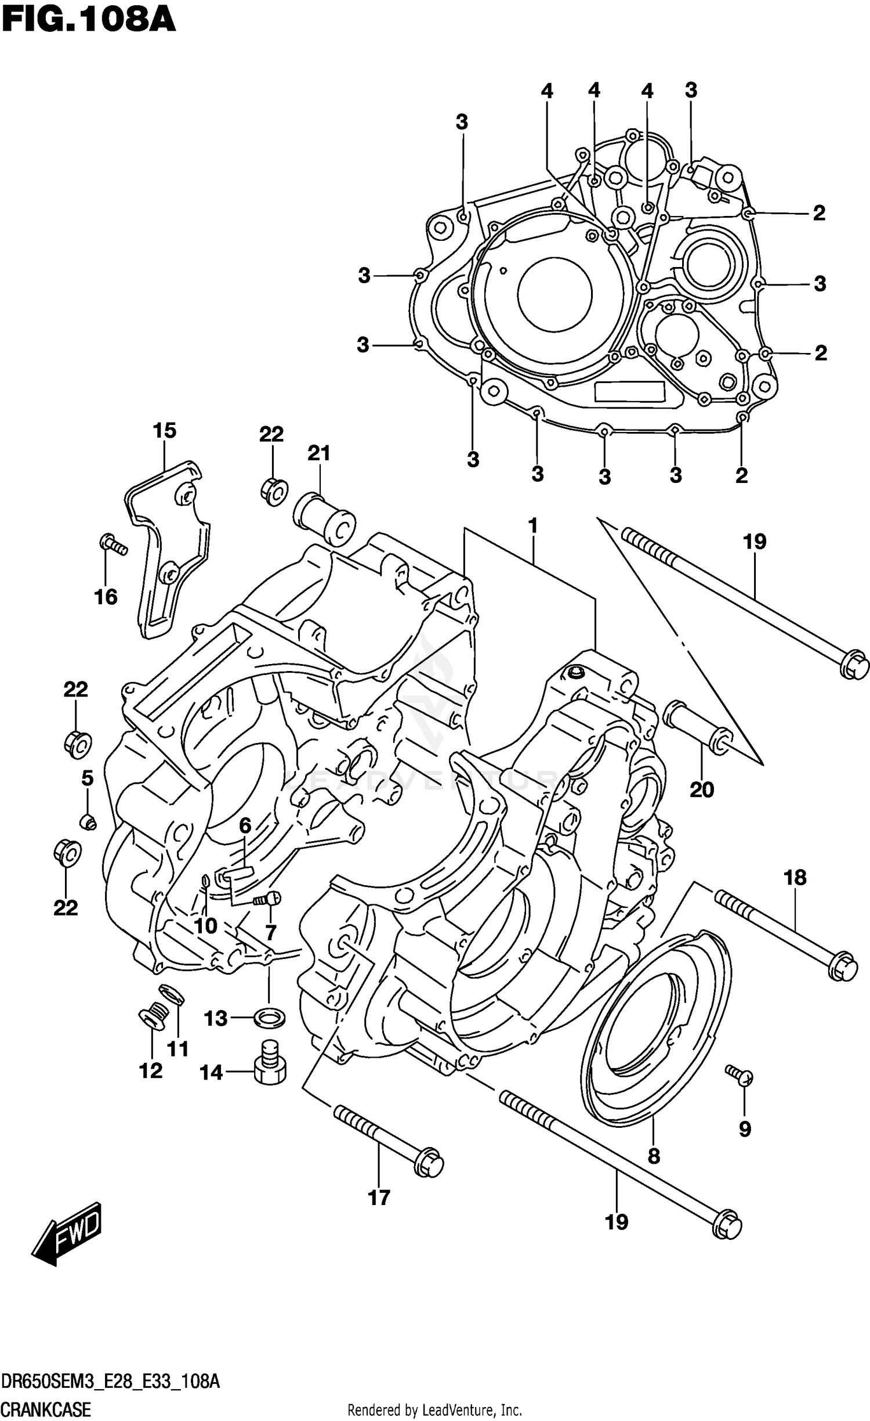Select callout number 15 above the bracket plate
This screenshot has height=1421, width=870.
pos(164,431)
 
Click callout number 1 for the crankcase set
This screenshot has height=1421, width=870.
pos(532,526)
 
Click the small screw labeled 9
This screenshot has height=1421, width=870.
pos(739,1075)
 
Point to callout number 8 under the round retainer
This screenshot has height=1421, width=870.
pos(654,1156)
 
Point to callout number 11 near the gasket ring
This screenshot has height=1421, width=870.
pos(178,1049)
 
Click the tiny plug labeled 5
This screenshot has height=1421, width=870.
pos(88,821)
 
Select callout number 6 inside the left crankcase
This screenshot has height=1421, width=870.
pos(245,825)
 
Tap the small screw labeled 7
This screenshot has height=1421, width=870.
pos(268,900)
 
